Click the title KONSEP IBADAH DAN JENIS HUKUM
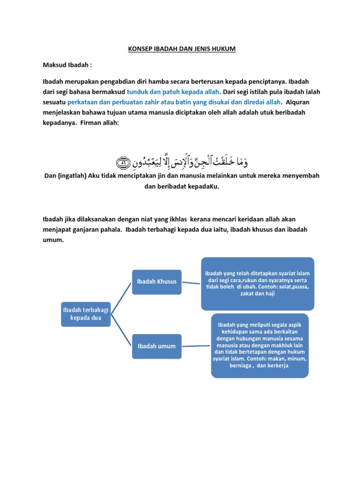182,49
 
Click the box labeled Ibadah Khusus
156,281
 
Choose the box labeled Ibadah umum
156,346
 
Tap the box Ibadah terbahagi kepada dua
86,313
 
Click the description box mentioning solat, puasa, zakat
257,283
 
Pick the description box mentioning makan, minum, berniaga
260,345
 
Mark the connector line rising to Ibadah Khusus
121,297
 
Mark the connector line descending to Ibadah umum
121,330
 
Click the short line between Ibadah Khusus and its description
191,283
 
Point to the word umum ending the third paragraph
53,240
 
